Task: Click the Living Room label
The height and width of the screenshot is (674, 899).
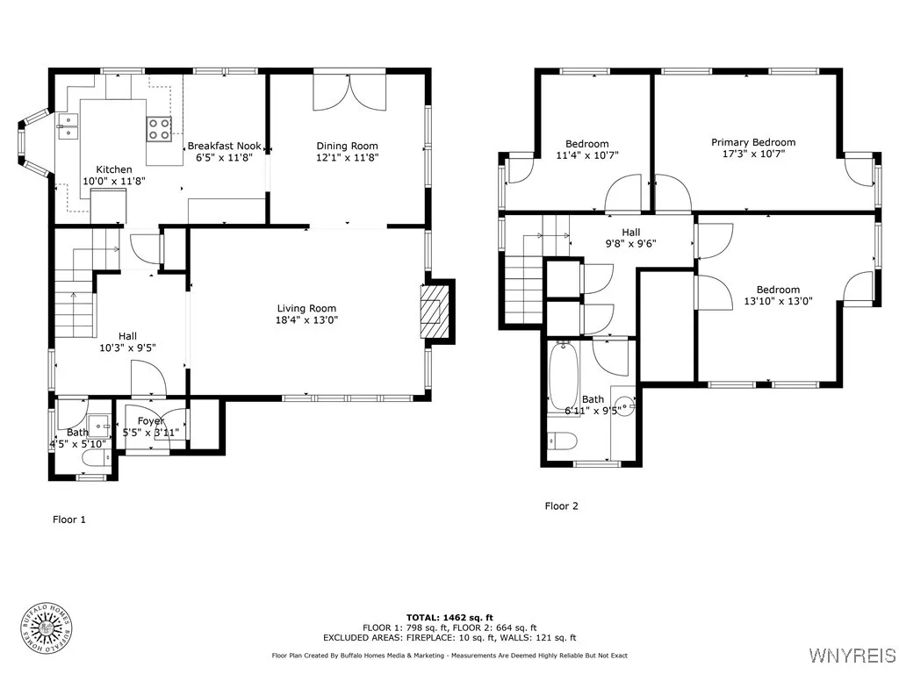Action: pyautogui.click(x=306, y=308)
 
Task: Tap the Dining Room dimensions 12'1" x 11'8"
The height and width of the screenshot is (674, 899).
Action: pyautogui.click(x=348, y=158)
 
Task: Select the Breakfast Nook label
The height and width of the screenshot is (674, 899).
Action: pyautogui.click(x=224, y=146)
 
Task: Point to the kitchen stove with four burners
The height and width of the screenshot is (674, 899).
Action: pyautogui.click(x=159, y=129)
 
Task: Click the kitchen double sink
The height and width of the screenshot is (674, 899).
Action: pyautogui.click(x=68, y=126)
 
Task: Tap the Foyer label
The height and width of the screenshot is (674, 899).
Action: pyautogui.click(x=151, y=420)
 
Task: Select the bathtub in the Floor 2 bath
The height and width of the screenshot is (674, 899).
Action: pyautogui.click(x=565, y=376)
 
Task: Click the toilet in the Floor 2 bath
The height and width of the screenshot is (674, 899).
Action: pyautogui.click(x=562, y=441)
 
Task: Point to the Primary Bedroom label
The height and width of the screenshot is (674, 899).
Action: pyautogui.click(x=753, y=142)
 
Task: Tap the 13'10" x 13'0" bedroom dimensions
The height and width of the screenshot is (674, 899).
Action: pyautogui.click(x=778, y=302)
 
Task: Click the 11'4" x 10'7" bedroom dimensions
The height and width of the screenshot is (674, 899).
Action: pyautogui.click(x=587, y=155)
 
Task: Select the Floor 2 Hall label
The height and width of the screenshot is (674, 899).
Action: pyautogui.click(x=630, y=232)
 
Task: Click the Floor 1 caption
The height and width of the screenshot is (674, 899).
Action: pyautogui.click(x=68, y=520)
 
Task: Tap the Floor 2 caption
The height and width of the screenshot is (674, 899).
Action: pyautogui.click(x=561, y=505)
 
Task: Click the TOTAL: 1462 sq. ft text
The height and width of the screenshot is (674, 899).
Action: pyautogui.click(x=449, y=617)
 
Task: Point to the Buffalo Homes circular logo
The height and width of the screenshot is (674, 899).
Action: pyautogui.click(x=47, y=628)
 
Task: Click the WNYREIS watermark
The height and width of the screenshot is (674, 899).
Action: pyautogui.click(x=852, y=655)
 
